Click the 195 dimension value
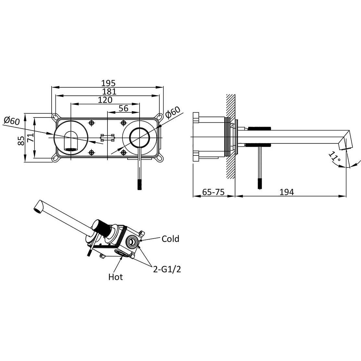tap(108, 83)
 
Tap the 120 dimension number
tap(105, 100)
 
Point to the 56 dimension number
tap(123, 108)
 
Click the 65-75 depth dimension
tap(213, 192)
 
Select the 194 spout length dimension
tap(287, 192)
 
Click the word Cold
tap(170, 239)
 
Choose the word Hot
tap(116, 277)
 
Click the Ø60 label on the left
tap(12, 121)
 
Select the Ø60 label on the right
tap(172, 112)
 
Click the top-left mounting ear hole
tap(56, 116)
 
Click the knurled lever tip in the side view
tap(259, 183)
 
